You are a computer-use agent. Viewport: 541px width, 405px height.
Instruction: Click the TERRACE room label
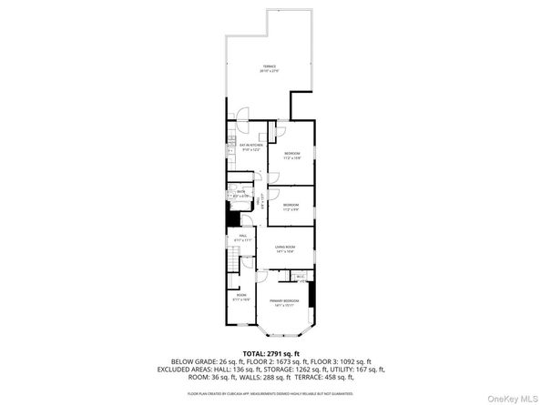[270, 68]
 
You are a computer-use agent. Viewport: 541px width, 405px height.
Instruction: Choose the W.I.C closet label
[299, 276]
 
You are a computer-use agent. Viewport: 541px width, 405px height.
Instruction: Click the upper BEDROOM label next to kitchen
[291, 155]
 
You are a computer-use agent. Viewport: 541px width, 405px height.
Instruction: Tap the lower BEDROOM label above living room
[291, 207]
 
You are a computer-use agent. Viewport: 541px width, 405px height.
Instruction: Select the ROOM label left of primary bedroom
[241, 297]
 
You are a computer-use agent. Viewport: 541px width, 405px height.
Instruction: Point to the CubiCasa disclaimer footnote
[270, 393]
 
